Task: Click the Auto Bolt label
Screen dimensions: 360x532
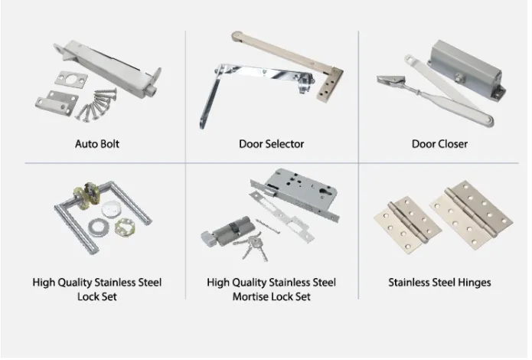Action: click(x=96, y=143)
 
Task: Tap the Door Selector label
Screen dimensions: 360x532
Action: click(x=271, y=143)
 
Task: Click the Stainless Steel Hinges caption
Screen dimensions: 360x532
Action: click(x=439, y=283)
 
